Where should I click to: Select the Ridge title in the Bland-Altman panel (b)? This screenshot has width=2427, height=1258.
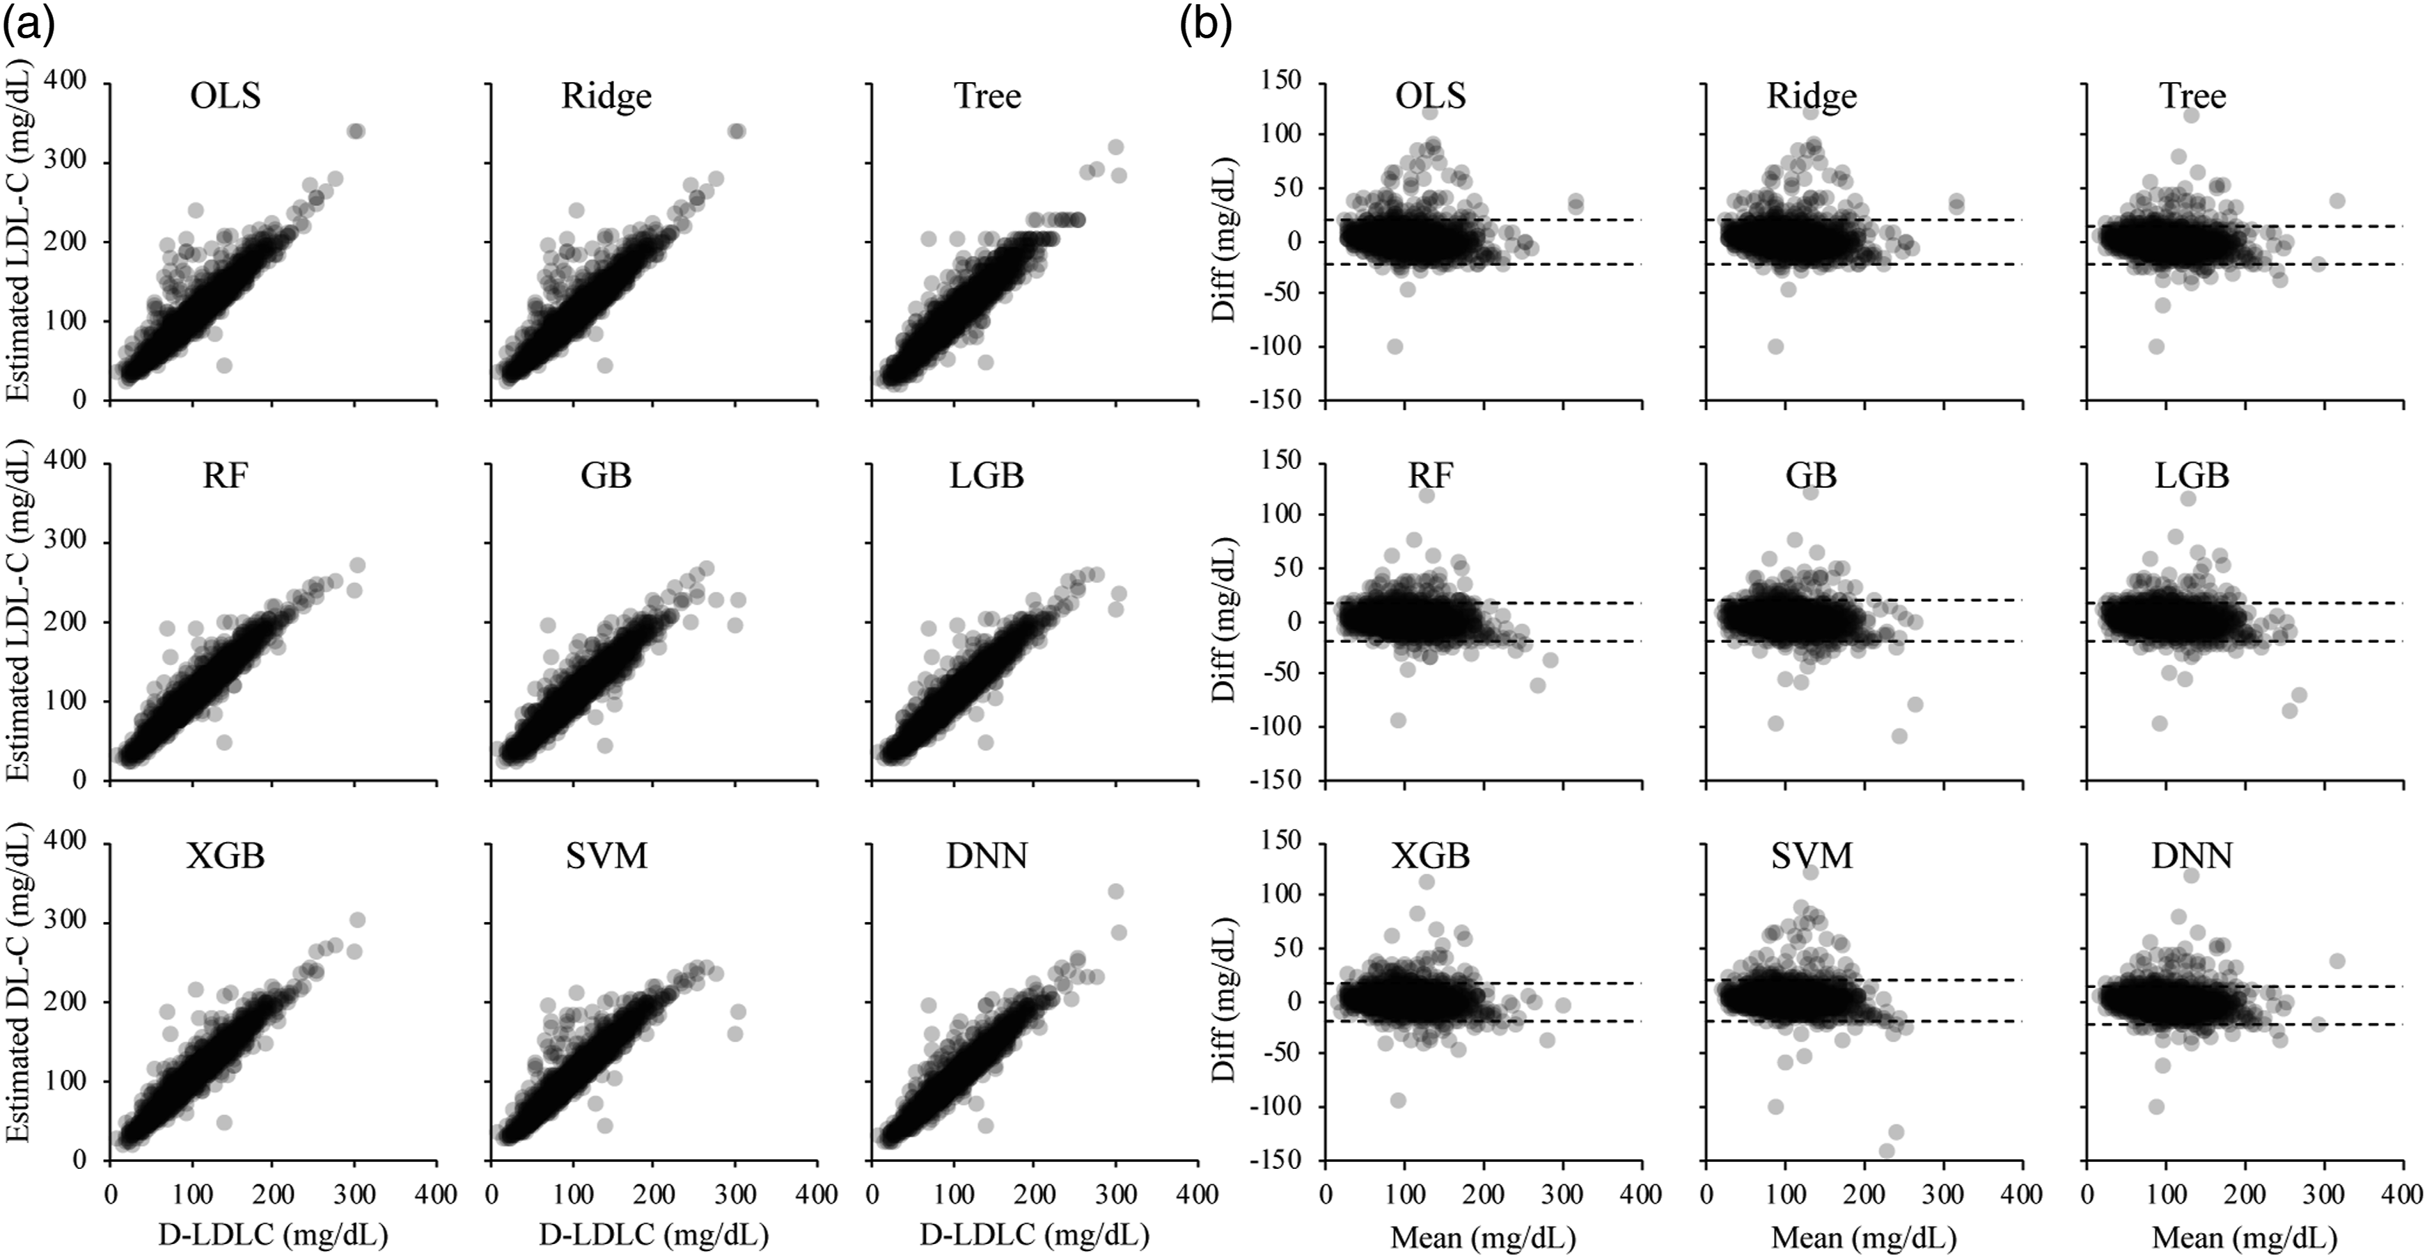click(1812, 96)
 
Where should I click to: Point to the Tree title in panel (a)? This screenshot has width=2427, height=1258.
click(987, 96)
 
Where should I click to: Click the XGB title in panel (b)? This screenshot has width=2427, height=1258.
click(1431, 856)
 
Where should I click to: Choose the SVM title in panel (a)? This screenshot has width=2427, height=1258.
click(607, 856)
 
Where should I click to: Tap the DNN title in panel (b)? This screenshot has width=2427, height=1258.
click(2193, 856)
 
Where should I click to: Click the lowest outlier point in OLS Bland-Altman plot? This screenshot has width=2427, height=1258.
click(1395, 347)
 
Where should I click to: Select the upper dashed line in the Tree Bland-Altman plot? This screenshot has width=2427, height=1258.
click(2246, 226)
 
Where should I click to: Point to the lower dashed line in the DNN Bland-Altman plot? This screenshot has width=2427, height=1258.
click(2246, 1024)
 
